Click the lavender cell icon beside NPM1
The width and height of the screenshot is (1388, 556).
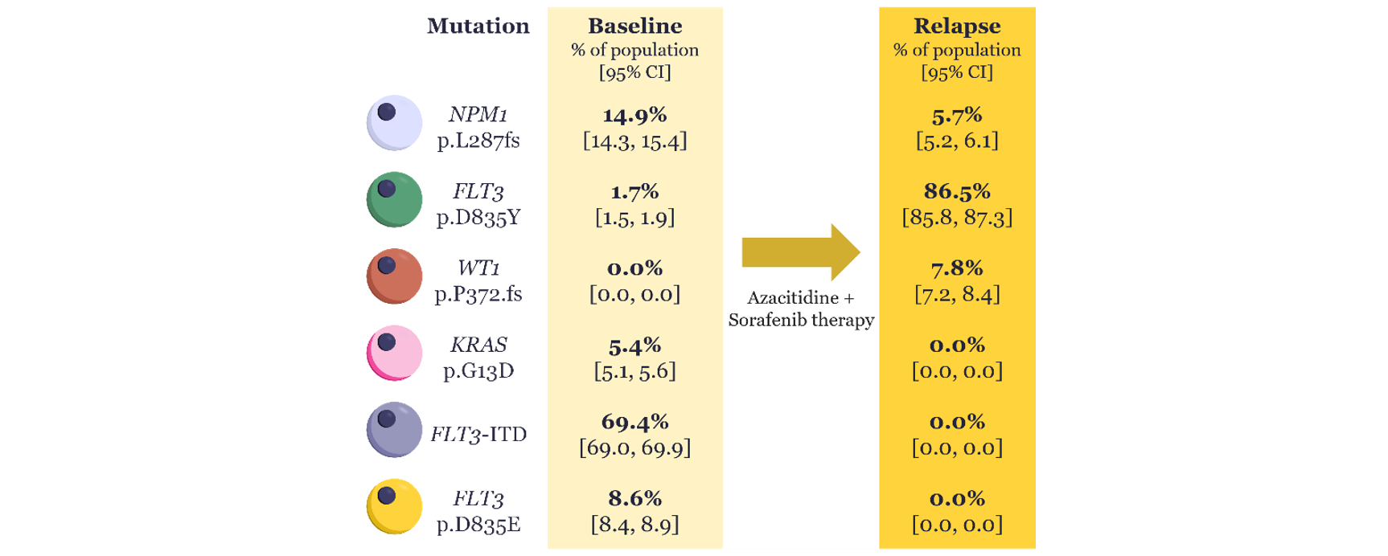tap(394, 123)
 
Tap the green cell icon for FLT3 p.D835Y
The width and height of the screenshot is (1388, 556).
tap(394, 200)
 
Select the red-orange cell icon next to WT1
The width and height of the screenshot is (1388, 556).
tap(394, 276)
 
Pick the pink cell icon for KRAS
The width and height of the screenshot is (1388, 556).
tap(394, 354)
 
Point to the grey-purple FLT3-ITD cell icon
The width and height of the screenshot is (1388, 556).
tap(394, 430)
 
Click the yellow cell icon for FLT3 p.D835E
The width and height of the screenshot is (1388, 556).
tap(394, 507)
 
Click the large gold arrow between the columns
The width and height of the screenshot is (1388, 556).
tap(801, 252)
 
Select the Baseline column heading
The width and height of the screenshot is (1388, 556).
tap(634, 26)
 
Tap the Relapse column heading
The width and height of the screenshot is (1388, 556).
tap(957, 26)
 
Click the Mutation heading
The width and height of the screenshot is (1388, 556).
tap(478, 26)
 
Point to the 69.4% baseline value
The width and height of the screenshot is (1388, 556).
tap(634, 422)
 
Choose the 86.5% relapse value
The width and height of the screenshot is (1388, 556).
tap(957, 191)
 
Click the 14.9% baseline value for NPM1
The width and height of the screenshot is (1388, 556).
tap(634, 115)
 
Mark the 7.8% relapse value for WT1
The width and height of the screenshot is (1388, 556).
tap(957, 268)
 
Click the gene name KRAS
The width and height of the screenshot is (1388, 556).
tap(478, 345)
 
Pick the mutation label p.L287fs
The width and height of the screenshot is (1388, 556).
tap(478, 141)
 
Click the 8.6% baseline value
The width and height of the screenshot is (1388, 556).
tap(634, 498)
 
